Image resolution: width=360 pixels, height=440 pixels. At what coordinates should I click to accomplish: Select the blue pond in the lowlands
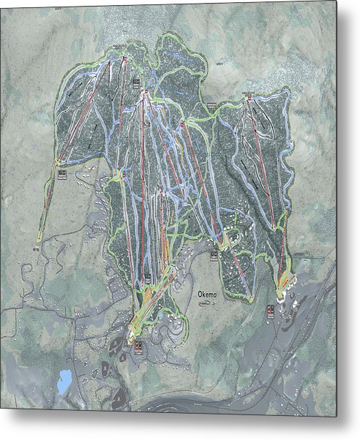(x=64, y=379)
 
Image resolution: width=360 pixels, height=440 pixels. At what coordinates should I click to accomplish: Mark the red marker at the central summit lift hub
(x=146, y=92)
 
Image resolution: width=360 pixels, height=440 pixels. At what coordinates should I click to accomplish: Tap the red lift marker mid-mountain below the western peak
(x=124, y=175)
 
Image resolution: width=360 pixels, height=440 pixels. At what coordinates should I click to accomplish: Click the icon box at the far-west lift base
(x=61, y=173)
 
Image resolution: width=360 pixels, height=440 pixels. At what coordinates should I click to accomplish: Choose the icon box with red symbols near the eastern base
(x=270, y=311)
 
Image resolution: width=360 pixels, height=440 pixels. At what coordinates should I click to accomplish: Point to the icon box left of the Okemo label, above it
(x=214, y=255)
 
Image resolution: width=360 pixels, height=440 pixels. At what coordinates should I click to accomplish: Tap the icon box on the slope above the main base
(x=148, y=278)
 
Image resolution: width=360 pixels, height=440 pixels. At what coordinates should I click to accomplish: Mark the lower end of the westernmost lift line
(x=39, y=242)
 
